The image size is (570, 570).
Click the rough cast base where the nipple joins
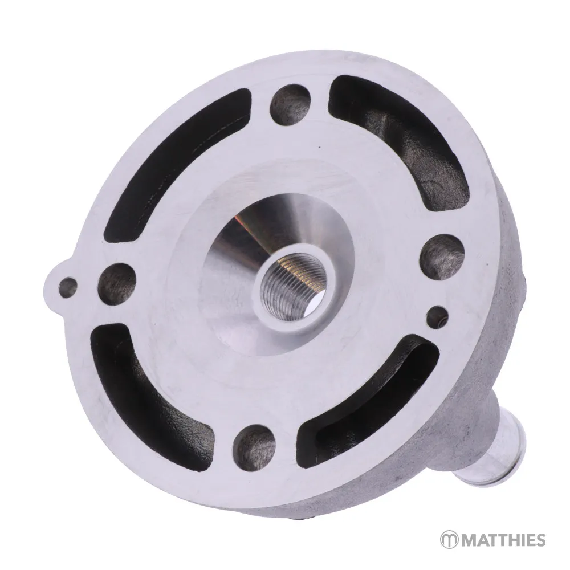[x=456, y=450]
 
